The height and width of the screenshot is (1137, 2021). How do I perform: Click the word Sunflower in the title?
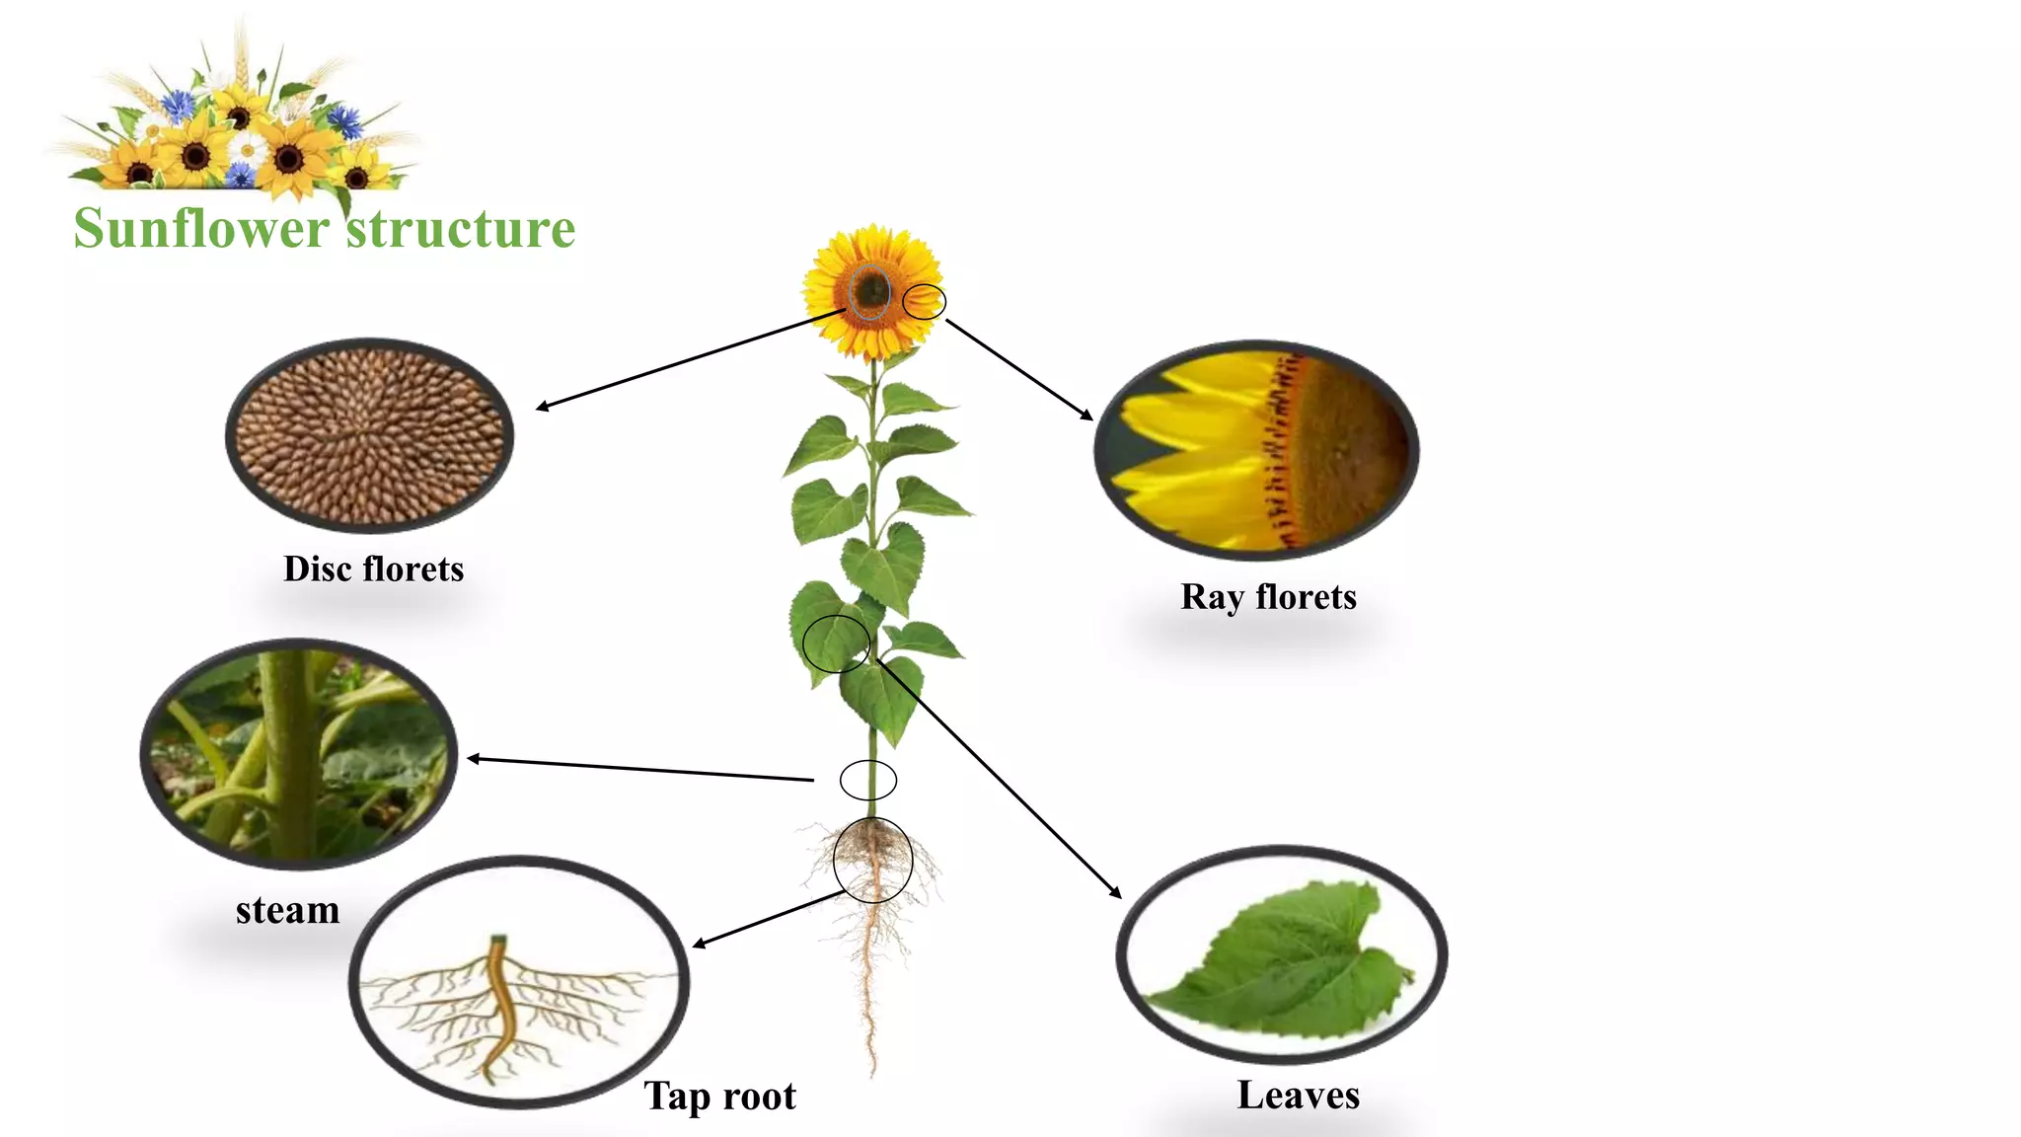pos(201,229)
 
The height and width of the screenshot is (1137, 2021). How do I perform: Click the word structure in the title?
pos(461,229)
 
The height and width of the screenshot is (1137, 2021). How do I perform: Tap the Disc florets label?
pos(373,569)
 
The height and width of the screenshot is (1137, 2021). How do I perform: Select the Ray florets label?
pos(1268,597)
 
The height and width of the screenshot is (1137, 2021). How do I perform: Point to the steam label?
pos(287,910)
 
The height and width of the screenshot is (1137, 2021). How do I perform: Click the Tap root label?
pos(719,1096)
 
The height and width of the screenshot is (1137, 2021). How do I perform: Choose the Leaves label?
pos(1298,1096)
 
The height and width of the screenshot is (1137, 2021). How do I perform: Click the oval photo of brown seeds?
pos(369,435)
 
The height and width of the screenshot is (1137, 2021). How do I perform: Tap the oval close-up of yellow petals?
pos(1256,450)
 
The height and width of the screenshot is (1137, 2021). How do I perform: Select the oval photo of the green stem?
pos(298,754)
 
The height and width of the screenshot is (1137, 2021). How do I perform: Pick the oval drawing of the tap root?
pos(518,981)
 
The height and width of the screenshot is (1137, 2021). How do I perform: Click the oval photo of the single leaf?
pos(1281,954)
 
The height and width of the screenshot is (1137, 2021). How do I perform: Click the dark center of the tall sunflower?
pos(870,290)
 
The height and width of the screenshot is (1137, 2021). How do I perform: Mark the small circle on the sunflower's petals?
pos(924,302)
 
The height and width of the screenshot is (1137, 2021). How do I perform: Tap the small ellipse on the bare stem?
pos(868,780)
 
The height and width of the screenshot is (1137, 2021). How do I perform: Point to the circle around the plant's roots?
pos(872,860)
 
